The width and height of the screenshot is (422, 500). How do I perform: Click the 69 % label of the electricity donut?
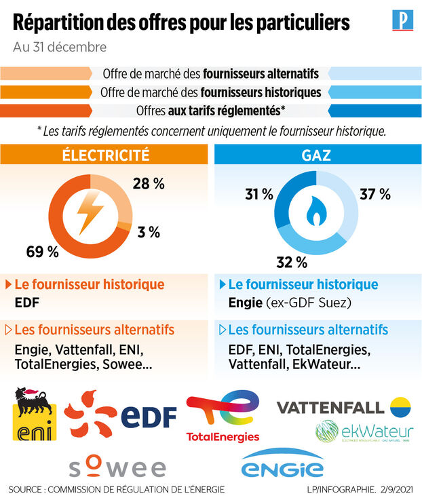tap(43, 252)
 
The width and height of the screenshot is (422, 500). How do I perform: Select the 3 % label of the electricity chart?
tap(148, 232)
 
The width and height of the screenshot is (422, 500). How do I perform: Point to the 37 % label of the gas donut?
tap(375, 195)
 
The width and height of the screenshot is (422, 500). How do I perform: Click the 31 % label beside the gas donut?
tap(259, 195)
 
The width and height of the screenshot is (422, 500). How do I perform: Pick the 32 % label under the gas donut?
tap(292, 262)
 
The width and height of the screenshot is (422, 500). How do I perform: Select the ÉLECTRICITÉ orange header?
tap(105, 155)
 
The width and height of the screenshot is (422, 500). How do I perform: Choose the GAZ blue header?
tap(316, 155)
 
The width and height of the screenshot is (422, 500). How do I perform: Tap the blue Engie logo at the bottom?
tap(283, 465)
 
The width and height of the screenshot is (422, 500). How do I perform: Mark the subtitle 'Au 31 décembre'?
tap(60, 47)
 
